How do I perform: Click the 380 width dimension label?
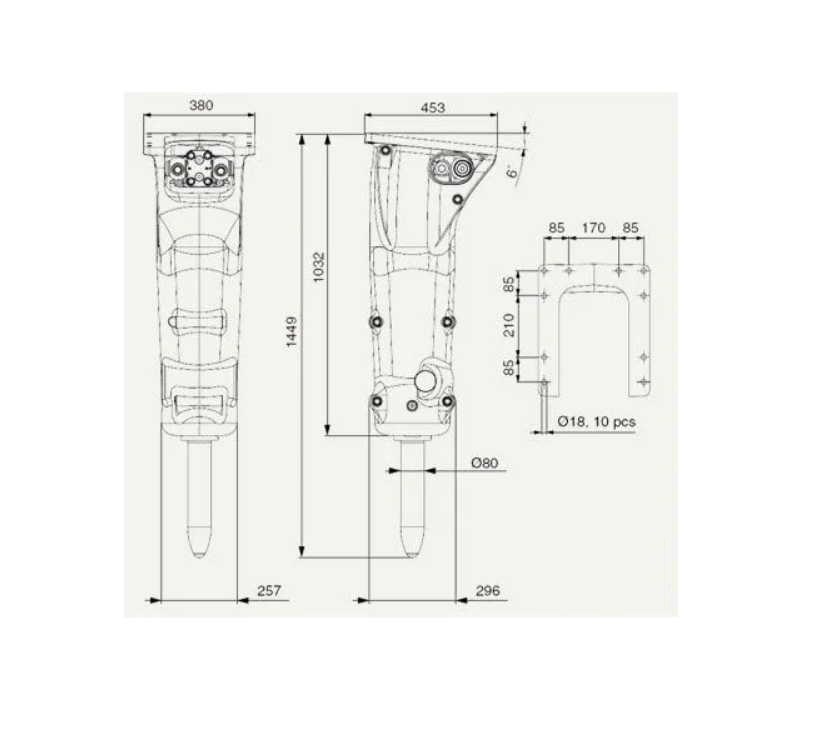coord(201,105)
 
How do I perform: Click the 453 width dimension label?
coord(432,108)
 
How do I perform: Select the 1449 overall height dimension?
coord(291,332)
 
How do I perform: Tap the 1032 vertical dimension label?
coord(318,267)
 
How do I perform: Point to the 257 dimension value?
coord(269,590)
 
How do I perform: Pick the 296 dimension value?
coord(488,590)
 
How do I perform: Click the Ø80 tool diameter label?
coord(485,463)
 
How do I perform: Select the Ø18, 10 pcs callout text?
coord(596,421)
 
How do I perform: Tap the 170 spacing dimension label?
coord(593,228)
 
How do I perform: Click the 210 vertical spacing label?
coord(510,325)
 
